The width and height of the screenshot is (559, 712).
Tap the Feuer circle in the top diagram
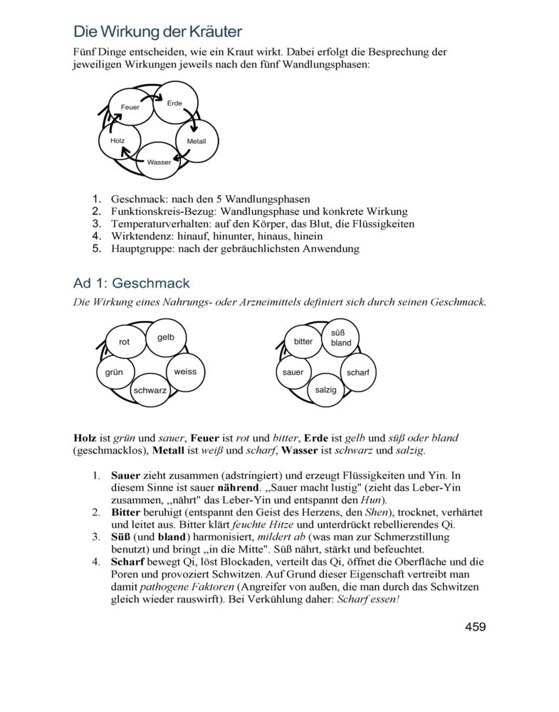point(130,107)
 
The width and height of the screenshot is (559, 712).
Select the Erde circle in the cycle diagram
point(174,103)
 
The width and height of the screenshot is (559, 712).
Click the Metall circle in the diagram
point(197,141)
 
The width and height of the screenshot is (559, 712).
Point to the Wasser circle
point(158,162)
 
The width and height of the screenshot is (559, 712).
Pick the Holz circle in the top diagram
point(117,141)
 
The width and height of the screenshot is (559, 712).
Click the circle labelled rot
point(125,342)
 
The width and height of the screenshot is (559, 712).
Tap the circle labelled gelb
point(166,337)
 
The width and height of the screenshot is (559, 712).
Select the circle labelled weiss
point(185,371)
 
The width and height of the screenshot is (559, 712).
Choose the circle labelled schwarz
point(150,390)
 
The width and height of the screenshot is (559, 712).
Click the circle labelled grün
point(114,372)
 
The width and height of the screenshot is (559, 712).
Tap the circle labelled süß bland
point(341,337)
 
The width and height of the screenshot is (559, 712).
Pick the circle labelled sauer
point(293,372)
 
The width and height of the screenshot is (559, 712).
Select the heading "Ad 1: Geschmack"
point(131,283)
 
